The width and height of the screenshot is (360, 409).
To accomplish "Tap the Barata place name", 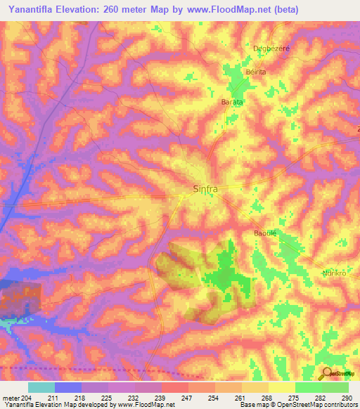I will [x=232, y=102].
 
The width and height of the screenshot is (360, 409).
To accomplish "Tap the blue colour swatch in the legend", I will [x=67, y=387].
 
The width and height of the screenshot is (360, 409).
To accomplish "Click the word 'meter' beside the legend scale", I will [x=9, y=398].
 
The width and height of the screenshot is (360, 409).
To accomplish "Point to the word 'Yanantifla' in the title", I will [x=33, y=9].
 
